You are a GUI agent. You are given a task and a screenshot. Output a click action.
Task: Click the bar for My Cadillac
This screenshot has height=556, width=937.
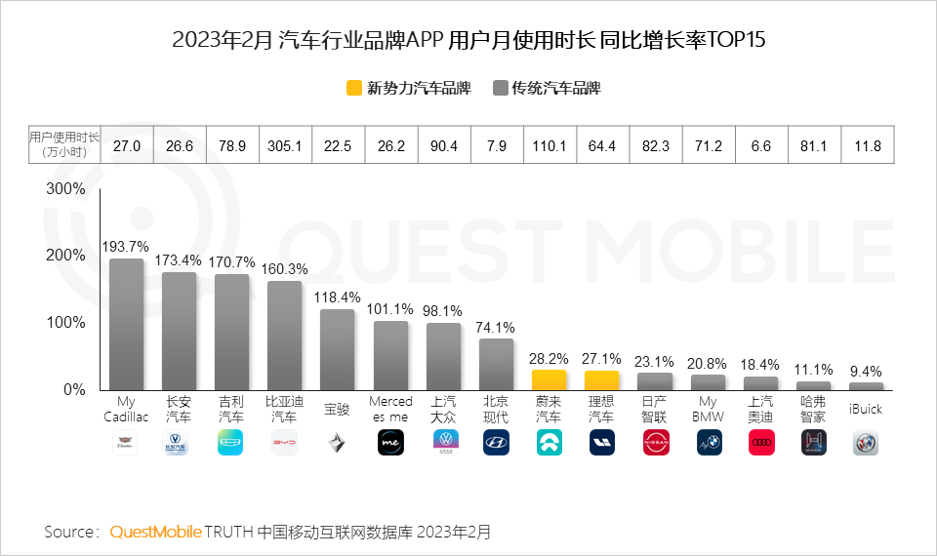pyautogui.click(x=126, y=324)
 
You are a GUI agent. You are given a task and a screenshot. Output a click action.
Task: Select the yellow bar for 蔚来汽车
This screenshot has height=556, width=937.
pyautogui.click(x=549, y=379)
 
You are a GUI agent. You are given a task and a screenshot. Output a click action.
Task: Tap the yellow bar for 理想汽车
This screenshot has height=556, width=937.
pyautogui.click(x=601, y=380)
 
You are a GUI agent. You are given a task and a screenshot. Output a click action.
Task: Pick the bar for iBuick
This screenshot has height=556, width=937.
pyautogui.click(x=865, y=386)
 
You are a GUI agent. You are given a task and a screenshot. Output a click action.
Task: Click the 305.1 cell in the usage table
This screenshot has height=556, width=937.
pyautogui.click(x=284, y=146)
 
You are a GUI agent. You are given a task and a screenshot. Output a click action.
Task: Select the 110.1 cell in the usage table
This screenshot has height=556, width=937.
pyautogui.click(x=549, y=146)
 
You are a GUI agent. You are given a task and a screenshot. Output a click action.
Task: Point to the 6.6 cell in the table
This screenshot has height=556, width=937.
pyautogui.click(x=759, y=146)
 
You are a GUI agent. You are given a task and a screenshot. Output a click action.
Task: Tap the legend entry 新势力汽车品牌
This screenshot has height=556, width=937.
pyautogui.click(x=408, y=89)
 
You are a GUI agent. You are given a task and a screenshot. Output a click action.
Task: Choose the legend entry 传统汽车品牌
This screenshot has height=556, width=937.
pyautogui.click(x=547, y=89)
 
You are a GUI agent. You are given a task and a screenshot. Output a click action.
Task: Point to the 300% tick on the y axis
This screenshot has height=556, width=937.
pyautogui.click(x=66, y=188)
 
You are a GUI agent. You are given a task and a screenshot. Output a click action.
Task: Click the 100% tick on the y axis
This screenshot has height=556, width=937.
pyautogui.click(x=66, y=322)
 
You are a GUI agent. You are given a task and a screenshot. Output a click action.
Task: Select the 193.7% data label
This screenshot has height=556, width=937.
pyautogui.click(x=126, y=246)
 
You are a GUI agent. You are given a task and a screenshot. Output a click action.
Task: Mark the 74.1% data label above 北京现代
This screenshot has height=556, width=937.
pyautogui.click(x=496, y=327)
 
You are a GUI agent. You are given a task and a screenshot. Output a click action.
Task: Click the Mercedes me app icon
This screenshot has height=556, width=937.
pyautogui.click(x=390, y=443)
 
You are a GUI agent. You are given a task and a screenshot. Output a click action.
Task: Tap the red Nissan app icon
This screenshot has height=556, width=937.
pyautogui.click(x=655, y=443)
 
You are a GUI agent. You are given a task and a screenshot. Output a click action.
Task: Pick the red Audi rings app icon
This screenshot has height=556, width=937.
pyautogui.click(x=760, y=443)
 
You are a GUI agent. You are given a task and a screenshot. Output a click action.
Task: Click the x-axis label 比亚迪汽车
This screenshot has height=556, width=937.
pyautogui.click(x=284, y=409)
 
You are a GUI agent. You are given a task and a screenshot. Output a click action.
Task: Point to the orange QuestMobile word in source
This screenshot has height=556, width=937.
pyautogui.click(x=155, y=532)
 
